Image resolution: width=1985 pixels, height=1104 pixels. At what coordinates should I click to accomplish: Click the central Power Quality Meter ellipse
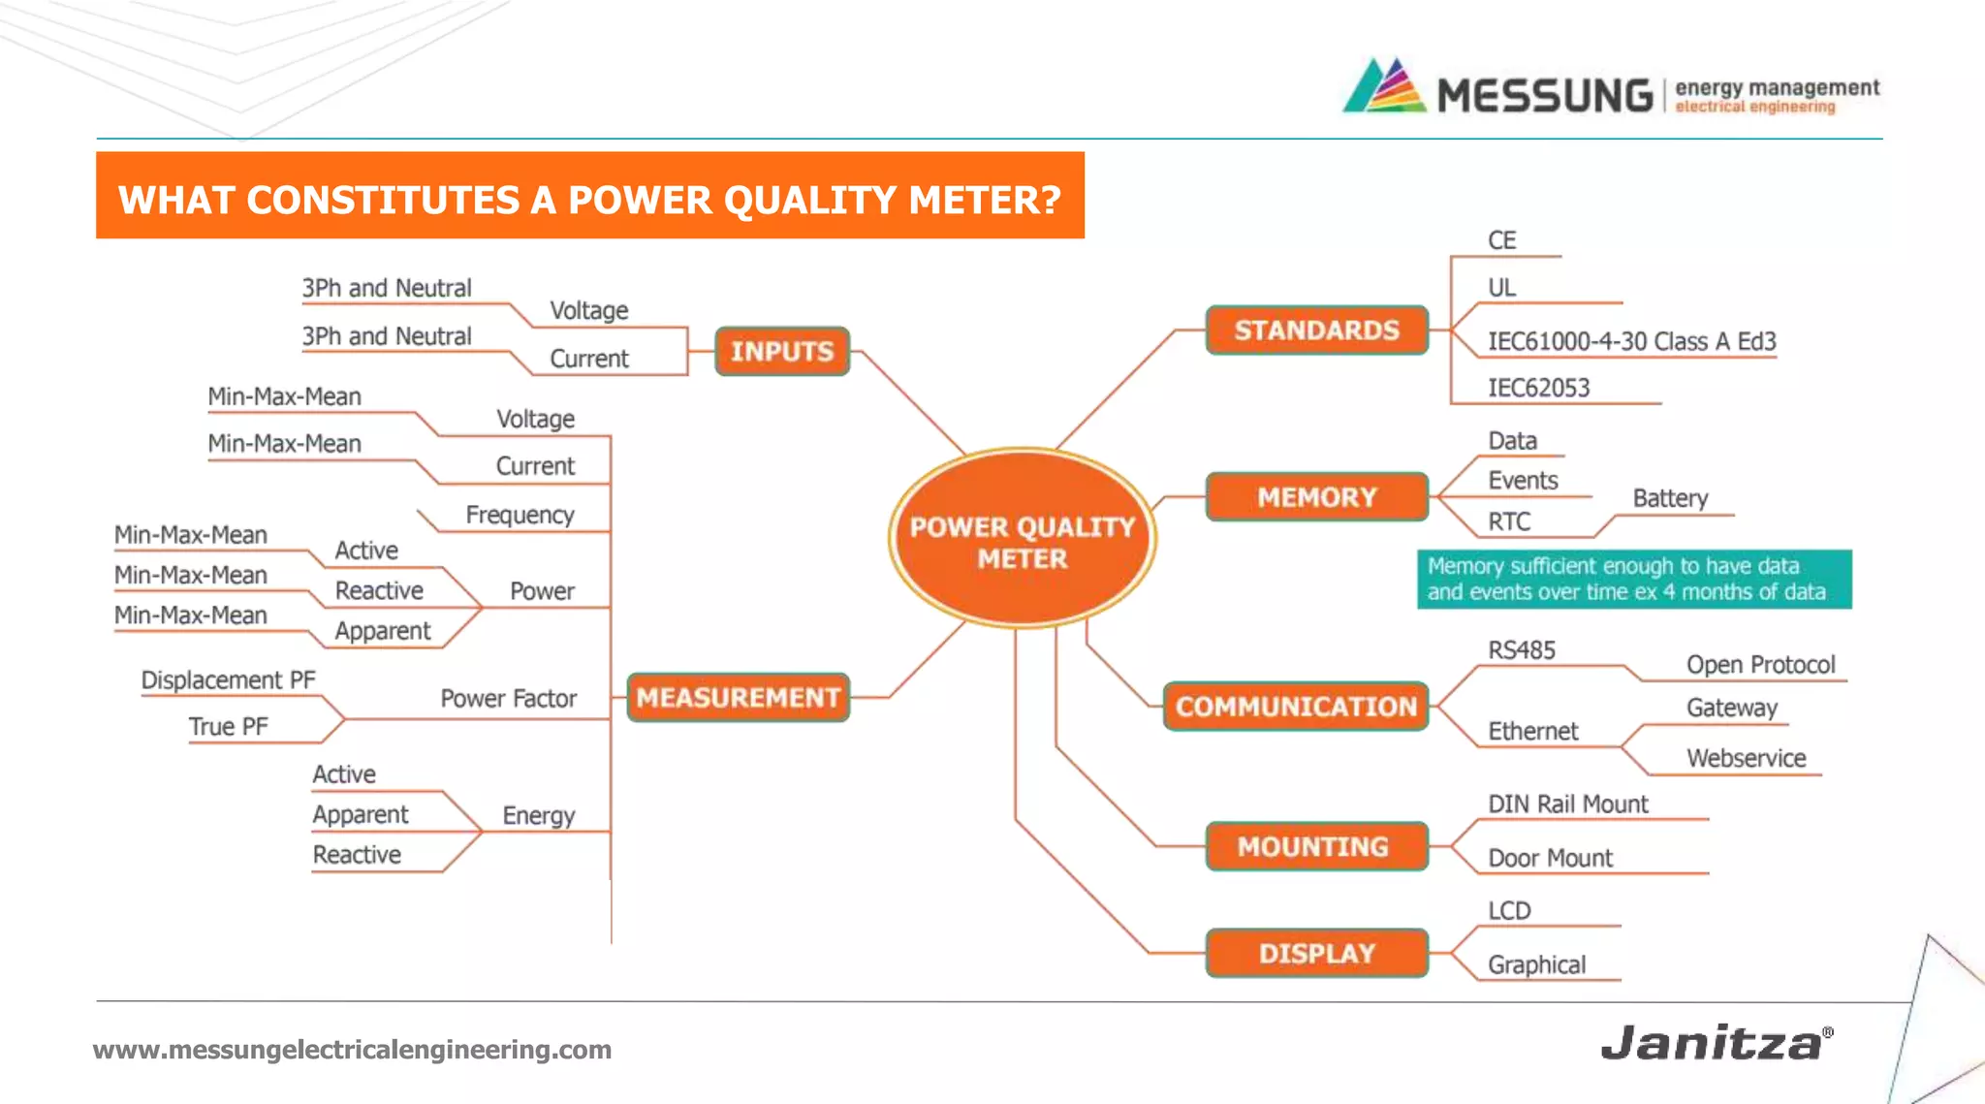click(x=1022, y=540)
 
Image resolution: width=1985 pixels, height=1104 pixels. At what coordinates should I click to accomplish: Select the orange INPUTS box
click(x=781, y=351)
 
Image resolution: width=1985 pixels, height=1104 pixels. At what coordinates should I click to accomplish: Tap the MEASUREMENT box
click(x=738, y=697)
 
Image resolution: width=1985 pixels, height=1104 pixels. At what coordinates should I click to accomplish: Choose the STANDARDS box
click(x=1316, y=331)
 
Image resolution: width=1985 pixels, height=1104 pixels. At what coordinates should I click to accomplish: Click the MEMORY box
click(x=1316, y=497)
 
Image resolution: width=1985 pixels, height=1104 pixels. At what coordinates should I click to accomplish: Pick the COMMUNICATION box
click(x=1296, y=706)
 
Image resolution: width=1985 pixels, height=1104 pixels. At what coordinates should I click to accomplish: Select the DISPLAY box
click(x=1316, y=953)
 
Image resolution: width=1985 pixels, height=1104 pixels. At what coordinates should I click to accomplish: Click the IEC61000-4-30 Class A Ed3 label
click(x=1631, y=341)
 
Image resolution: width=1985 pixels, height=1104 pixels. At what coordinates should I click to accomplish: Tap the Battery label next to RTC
click(x=1669, y=498)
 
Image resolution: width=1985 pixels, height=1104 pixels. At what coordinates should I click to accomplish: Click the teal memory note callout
click(x=1633, y=579)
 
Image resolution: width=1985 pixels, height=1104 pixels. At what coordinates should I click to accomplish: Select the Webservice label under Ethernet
click(x=1746, y=758)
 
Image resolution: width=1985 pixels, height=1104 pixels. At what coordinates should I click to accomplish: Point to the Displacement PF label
click(x=228, y=679)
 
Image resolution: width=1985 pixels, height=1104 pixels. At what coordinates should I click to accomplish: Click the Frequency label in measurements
click(x=520, y=515)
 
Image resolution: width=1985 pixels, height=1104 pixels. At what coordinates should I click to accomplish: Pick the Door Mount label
click(x=1550, y=858)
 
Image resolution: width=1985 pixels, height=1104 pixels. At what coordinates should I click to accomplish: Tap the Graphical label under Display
click(x=1536, y=964)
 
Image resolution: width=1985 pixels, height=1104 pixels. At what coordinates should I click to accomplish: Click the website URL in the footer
click(x=352, y=1050)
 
